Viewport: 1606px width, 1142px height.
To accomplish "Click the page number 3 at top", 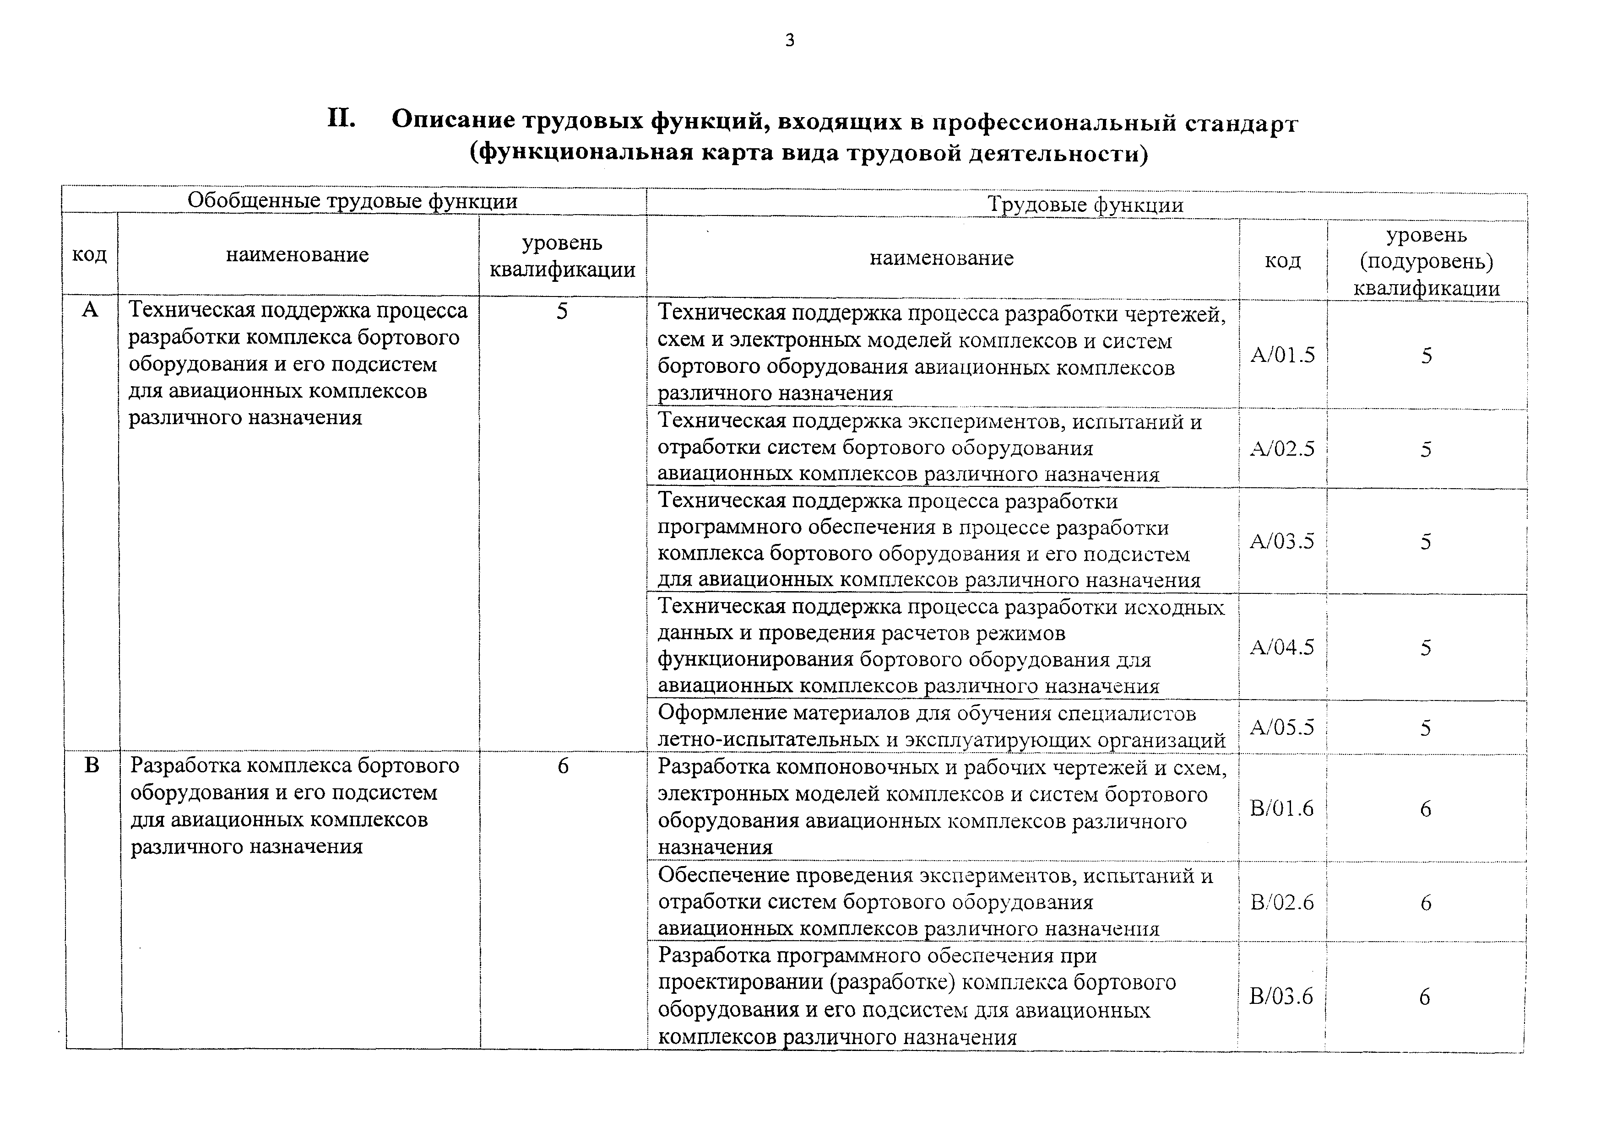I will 789,41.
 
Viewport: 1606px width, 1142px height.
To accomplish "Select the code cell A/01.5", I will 1282,355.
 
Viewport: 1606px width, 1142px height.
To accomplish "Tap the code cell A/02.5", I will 1282,449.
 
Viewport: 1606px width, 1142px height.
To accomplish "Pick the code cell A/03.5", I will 1282,541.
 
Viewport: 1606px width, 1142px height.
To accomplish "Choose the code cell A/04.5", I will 1282,647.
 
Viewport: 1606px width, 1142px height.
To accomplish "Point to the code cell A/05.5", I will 1282,727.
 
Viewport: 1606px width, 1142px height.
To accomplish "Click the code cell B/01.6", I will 1282,808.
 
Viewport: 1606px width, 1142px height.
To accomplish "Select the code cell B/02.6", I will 1282,902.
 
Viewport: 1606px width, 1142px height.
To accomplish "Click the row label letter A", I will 90,309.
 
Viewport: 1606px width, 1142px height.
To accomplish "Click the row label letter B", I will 92,765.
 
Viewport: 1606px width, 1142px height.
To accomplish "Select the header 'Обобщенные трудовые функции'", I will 353,201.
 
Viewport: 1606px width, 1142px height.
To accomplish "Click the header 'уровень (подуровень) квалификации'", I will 1426,261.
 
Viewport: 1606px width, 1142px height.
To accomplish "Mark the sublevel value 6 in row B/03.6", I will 1425,997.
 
